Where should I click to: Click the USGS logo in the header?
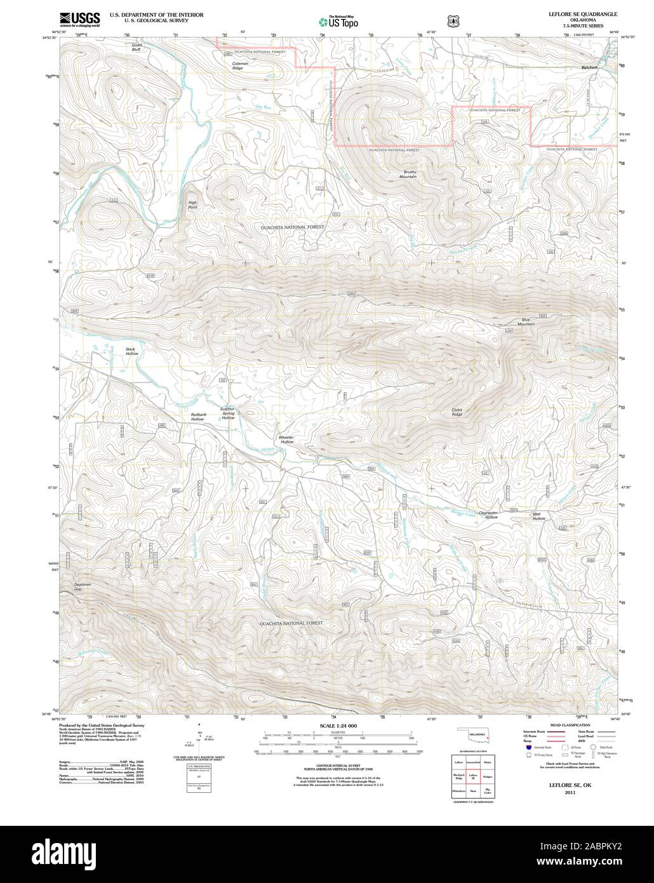tap(80, 19)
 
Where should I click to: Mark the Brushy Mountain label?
tap(408, 174)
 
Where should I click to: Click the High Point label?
tap(192, 205)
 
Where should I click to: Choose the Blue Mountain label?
tap(526, 322)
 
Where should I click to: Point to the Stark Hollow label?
tap(131, 351)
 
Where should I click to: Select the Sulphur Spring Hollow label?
tap(227, 414)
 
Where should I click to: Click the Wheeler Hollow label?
tap(286, 439)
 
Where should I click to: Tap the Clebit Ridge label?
tap(462, 412)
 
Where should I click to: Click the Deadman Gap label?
tap(83, 586)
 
